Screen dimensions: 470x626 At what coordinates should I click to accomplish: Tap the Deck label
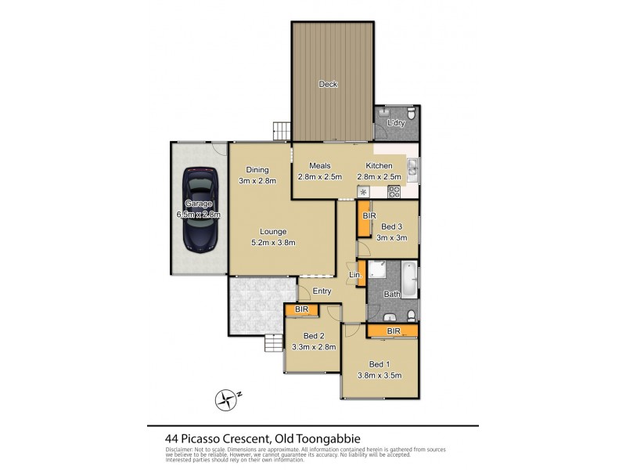[x=329, y=85]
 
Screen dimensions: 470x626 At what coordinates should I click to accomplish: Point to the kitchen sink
[x=413, y=168]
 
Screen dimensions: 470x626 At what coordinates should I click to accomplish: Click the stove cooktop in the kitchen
[x=395, y=190]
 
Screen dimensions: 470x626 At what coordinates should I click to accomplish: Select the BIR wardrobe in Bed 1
[x=392, y=332]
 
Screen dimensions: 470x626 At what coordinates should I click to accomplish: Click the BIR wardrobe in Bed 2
[x=302, y=311]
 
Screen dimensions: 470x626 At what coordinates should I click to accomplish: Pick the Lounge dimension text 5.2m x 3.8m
[x=263, y=243]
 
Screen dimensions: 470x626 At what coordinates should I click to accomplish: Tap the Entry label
[x=322, y=291]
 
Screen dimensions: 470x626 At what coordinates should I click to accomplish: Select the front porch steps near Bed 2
[x=273, y=342]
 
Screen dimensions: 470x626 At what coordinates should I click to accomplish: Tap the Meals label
[x=319, y=166]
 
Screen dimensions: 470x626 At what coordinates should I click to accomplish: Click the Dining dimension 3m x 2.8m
[x=257, y=181]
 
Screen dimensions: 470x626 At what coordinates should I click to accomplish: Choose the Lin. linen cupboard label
[x=354, y=276]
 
